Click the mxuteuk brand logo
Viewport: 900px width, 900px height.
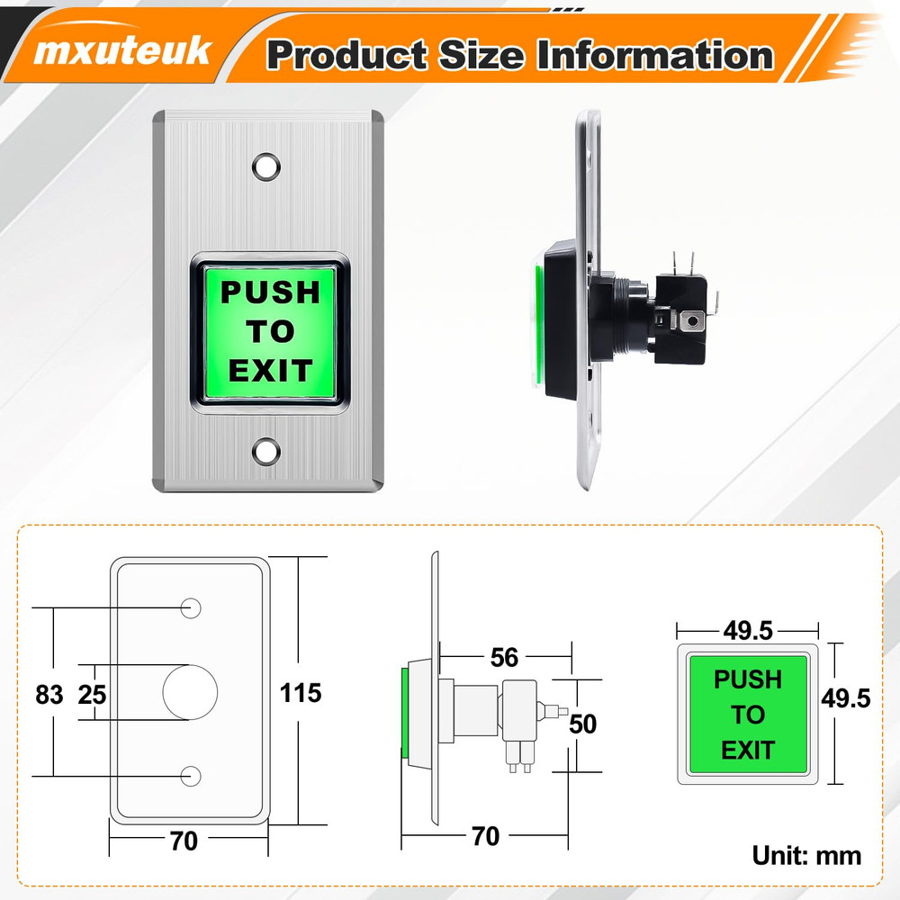(x=122, y=51)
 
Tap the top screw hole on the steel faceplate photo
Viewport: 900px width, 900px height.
(x=266, y=166)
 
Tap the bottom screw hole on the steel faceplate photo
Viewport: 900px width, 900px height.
(x=266, y=451)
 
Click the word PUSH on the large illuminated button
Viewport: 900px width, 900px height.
(x=270, y=292)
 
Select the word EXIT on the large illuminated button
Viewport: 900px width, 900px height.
(x=270, y=371)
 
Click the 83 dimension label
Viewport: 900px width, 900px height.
(x=49, y=694)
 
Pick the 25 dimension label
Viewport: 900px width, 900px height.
(x=92, y=694)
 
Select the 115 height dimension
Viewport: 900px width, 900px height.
(x=301, y=692)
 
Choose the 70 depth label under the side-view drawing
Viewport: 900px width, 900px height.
(x=485, y=836)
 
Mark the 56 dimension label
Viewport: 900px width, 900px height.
(x=504, y=658)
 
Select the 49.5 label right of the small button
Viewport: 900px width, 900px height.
(x=846, y=697)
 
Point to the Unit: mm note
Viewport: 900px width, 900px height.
(x=806, y=855)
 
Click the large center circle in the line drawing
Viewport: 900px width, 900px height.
(x=190, y=692)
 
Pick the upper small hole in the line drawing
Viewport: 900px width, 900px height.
(x=190, y=607)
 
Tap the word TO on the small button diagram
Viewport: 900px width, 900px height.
(x=747, y=715)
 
